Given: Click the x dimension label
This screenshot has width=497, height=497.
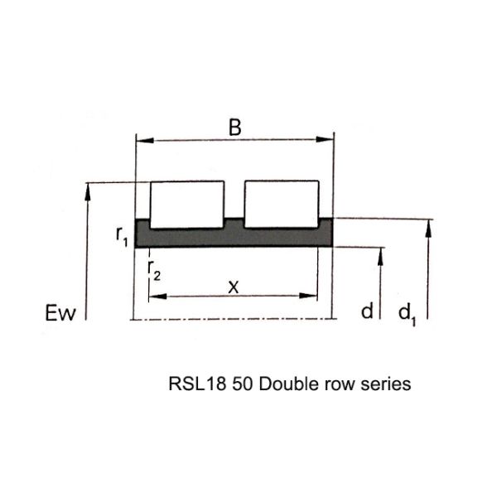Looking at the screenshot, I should click(x=234, y=286).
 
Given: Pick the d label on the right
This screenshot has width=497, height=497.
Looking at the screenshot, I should click(x=368, y=311).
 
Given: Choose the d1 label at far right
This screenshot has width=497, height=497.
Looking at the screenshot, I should click(x=406, y=312).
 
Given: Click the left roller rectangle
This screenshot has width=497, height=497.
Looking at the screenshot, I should click(x=187, y=203).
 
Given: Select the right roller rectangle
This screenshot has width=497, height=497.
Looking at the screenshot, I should click(x=280, y=203).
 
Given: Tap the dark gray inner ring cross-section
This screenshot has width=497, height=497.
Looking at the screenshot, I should click(x=234, y=235).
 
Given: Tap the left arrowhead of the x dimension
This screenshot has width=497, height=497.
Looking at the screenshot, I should click(x=154, y=295).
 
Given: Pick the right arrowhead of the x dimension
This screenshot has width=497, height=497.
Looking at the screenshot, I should click(x=314, y=295).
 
